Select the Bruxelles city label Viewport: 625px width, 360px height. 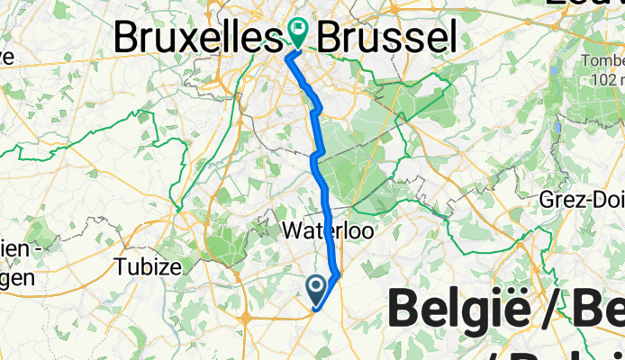coord(192,38)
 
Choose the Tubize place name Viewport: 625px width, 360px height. coord(143,266)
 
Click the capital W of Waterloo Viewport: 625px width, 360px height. coord(290,231)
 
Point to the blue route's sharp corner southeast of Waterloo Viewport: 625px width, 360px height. coord(338,274)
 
